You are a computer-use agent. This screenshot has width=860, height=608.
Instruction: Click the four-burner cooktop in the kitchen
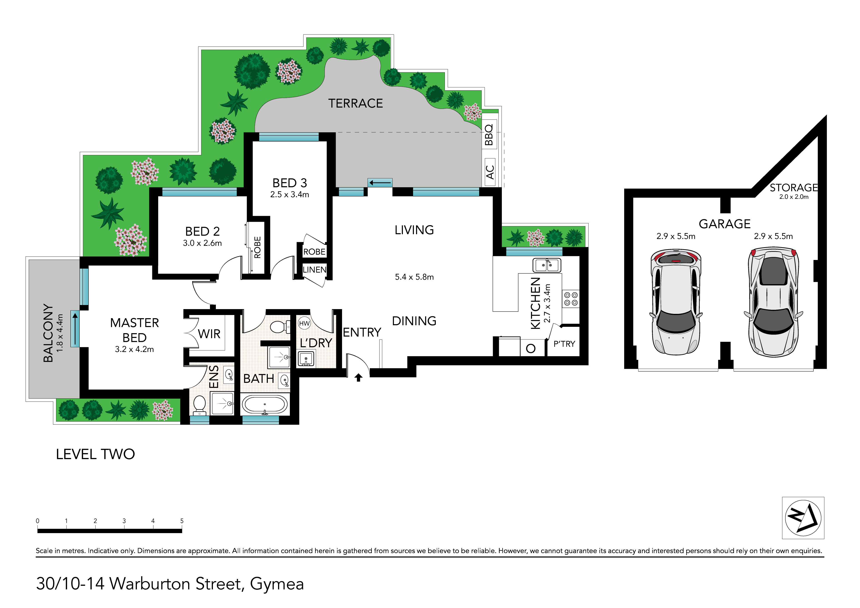pos(571,299)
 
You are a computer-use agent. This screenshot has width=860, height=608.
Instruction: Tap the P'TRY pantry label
pos(564,344)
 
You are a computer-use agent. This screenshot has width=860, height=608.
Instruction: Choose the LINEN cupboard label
pos(314,270)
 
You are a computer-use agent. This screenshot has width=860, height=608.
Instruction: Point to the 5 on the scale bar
pos(182,521)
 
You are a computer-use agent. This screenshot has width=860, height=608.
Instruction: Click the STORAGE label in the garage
pos(794,187)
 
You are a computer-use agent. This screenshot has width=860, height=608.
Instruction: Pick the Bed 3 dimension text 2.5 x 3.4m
pos(290,194)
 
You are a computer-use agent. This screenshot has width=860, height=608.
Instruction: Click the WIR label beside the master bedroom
pos(209,334)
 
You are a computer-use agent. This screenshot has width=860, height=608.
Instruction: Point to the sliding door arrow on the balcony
pos(75,329)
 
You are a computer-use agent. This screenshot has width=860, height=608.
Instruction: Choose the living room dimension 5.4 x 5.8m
pos(414,277)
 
